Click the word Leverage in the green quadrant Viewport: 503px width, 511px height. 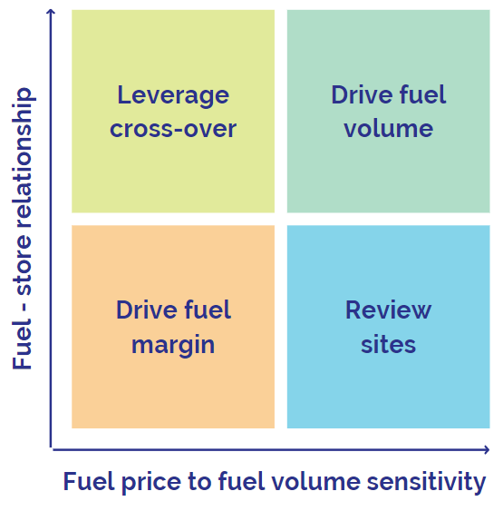(173, 96)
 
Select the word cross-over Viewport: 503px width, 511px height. (173, 129)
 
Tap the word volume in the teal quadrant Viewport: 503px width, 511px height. (389, 128)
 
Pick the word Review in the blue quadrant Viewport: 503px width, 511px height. (389, 310)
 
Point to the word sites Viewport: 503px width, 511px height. (389, 345)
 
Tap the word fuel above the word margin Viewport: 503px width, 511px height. (208, 310)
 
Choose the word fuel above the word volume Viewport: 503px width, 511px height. (422, 94)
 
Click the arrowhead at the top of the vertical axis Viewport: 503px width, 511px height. (51, 12)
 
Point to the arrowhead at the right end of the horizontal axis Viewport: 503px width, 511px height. (487, 449)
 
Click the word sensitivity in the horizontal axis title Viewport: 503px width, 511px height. (426, 483)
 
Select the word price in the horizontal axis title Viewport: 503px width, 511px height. (151, 483)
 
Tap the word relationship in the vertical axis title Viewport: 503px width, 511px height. (22, 157)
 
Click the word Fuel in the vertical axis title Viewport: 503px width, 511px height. (22, 345)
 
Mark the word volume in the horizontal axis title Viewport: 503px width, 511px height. (316, 482)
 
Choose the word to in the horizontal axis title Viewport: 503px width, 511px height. (199, 482)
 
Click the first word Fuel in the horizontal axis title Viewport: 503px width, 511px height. (89, 481)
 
